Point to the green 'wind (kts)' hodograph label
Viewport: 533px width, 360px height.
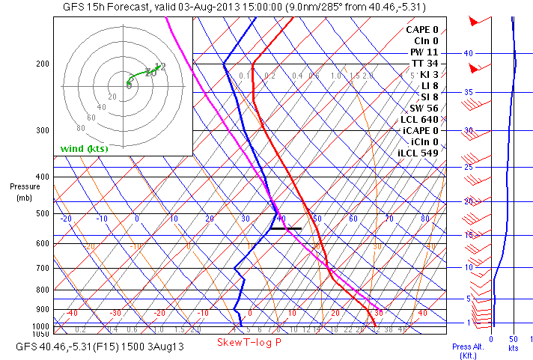click(x=85, y=148)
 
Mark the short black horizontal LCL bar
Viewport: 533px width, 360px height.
click(x=286, y=228)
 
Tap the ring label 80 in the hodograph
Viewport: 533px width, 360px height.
click(x=81, y=128)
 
